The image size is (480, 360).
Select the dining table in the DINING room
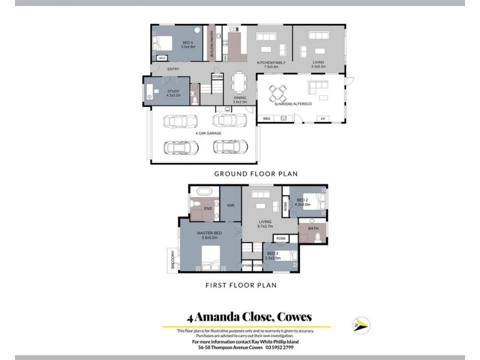(240, 80)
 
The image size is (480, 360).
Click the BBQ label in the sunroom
(267, 118)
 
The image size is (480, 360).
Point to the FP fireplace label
(323, 118)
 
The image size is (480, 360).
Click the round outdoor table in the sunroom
(278, 92)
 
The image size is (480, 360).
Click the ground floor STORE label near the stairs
(217, 76)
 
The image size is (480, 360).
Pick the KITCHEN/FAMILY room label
(271, 62)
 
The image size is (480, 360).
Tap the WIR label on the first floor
(230, 206)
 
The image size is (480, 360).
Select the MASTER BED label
(207, 232)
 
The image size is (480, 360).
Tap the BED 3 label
(273, 254)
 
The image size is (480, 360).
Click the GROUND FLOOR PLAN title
(256, 173)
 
